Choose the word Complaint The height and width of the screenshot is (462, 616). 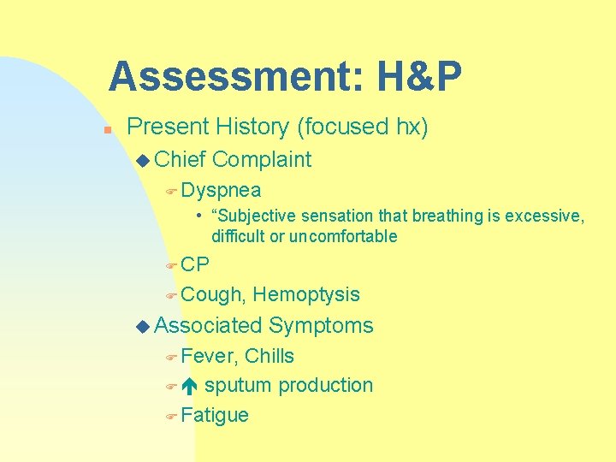pos(262,159)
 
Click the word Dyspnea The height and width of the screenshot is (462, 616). pos(222,190)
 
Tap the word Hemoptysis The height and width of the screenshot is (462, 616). pos(306,295)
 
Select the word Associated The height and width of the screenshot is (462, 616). pos(209,326)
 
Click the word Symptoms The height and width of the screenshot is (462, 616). pos(321,326)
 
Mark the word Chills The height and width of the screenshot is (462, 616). pos(269,356)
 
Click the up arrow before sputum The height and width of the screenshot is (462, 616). pos(190,386)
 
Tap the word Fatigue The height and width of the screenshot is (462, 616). pos(215,416)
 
